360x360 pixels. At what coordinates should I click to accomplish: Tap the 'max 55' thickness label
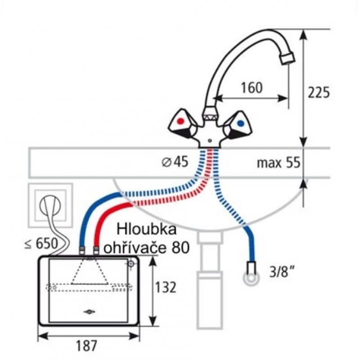pos(278,162)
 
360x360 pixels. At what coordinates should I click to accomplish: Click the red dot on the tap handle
pos(181,121)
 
